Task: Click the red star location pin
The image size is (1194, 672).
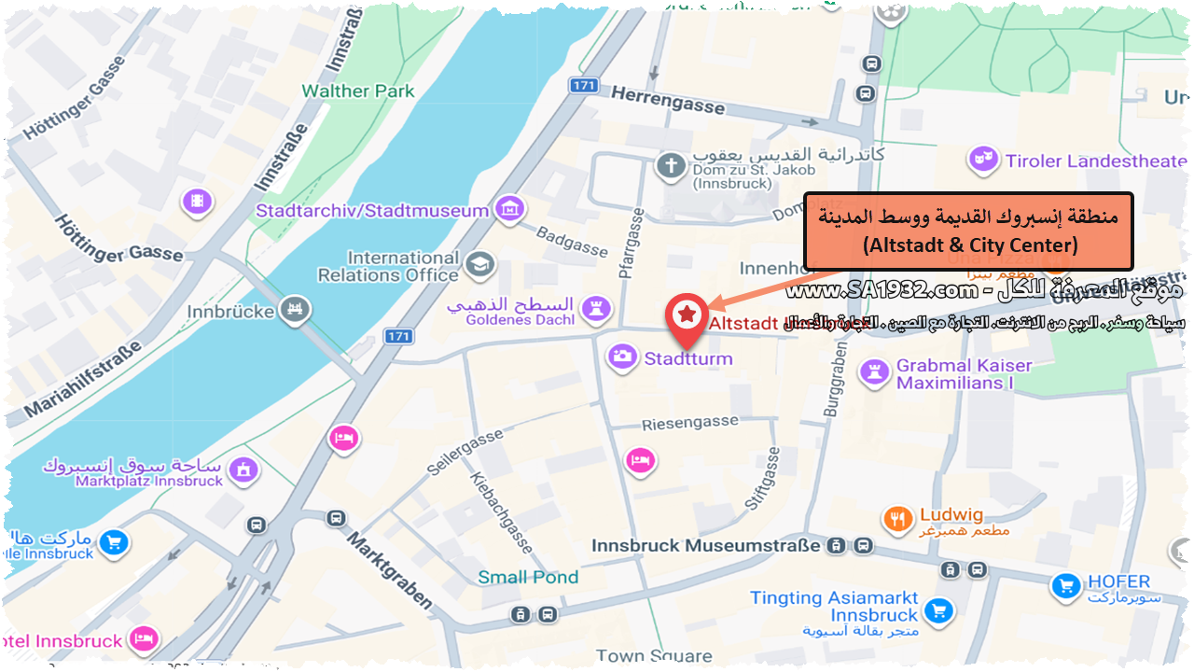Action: (x=687, y=315)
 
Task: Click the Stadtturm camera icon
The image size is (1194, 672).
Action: (x=623, y=357)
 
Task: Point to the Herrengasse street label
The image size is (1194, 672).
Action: (x=668, y=99)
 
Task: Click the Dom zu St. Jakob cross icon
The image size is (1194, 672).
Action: (x=670, y=167)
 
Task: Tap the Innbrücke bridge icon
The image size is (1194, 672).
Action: (x=297, y=308)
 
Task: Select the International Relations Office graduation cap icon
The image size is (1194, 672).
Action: (x=479, y=264)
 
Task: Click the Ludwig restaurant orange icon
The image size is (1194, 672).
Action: (x=897, y=519)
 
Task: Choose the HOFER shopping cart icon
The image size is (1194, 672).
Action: (x=1065, y=586)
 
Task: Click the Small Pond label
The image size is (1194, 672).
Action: (x=528, y=577)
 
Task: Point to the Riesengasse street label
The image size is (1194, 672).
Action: (x=689, y=423)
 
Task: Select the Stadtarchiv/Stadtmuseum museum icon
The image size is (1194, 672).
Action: (x=509, y=209)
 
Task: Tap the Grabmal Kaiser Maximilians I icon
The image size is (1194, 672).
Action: (x=875, y=372)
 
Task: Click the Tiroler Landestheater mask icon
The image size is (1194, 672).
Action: (x=981, y=160)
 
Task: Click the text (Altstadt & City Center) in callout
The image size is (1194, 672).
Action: (x=970, y=246)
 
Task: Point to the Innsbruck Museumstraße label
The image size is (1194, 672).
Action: (x=706, y=545)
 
